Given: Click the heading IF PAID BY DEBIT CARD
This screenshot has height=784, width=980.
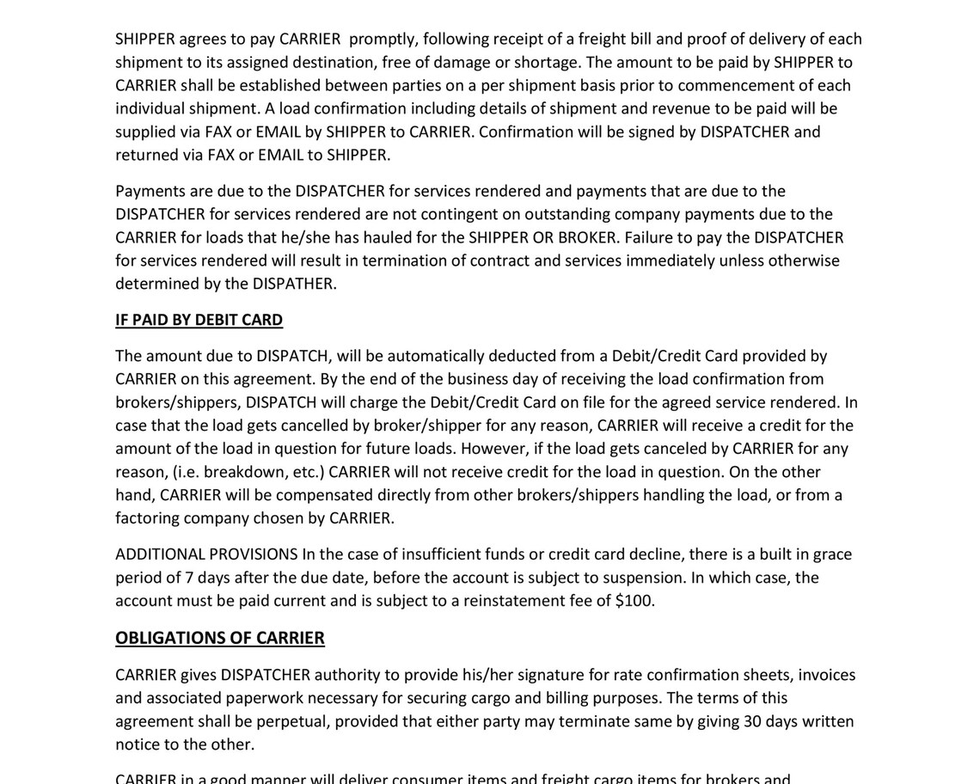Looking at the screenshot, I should pyautogui.click(x=199, y=320).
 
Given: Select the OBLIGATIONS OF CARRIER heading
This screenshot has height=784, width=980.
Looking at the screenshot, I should pyautogui.click(x=220, y=638).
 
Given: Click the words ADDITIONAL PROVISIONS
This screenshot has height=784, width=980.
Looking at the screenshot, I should pyautogui.click(x=206, y=554).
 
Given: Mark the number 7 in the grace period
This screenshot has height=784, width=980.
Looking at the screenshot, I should pyautogui.click(x=189, y=578).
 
